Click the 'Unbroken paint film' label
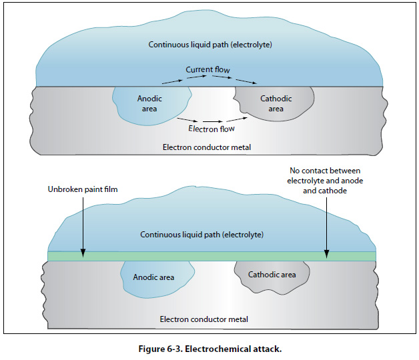(x=83, y=190)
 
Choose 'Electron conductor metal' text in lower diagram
(x=203, y=319)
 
